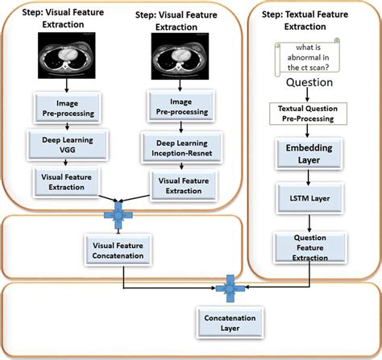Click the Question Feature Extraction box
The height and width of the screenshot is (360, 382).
309,247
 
